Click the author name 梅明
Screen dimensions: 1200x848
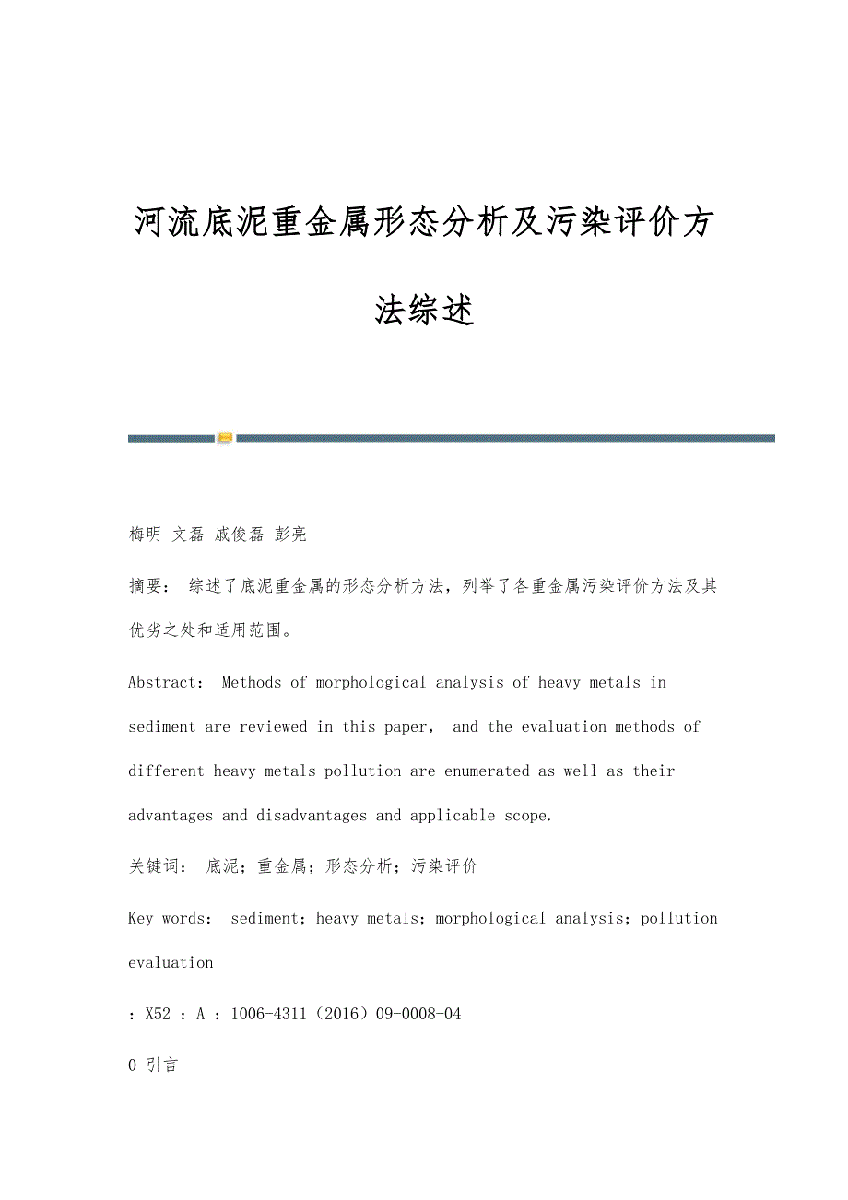coord(145,534)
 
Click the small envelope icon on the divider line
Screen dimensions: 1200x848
coord(225,438)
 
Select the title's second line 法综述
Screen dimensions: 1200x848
coord(424,311)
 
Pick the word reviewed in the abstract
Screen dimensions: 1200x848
coord(273,726)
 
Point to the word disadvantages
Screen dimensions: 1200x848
coord(312,815)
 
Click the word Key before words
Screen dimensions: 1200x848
coord(140,918)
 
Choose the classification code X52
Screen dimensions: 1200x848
coord(158,1014)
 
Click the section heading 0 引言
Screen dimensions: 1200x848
coord(153,1065)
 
